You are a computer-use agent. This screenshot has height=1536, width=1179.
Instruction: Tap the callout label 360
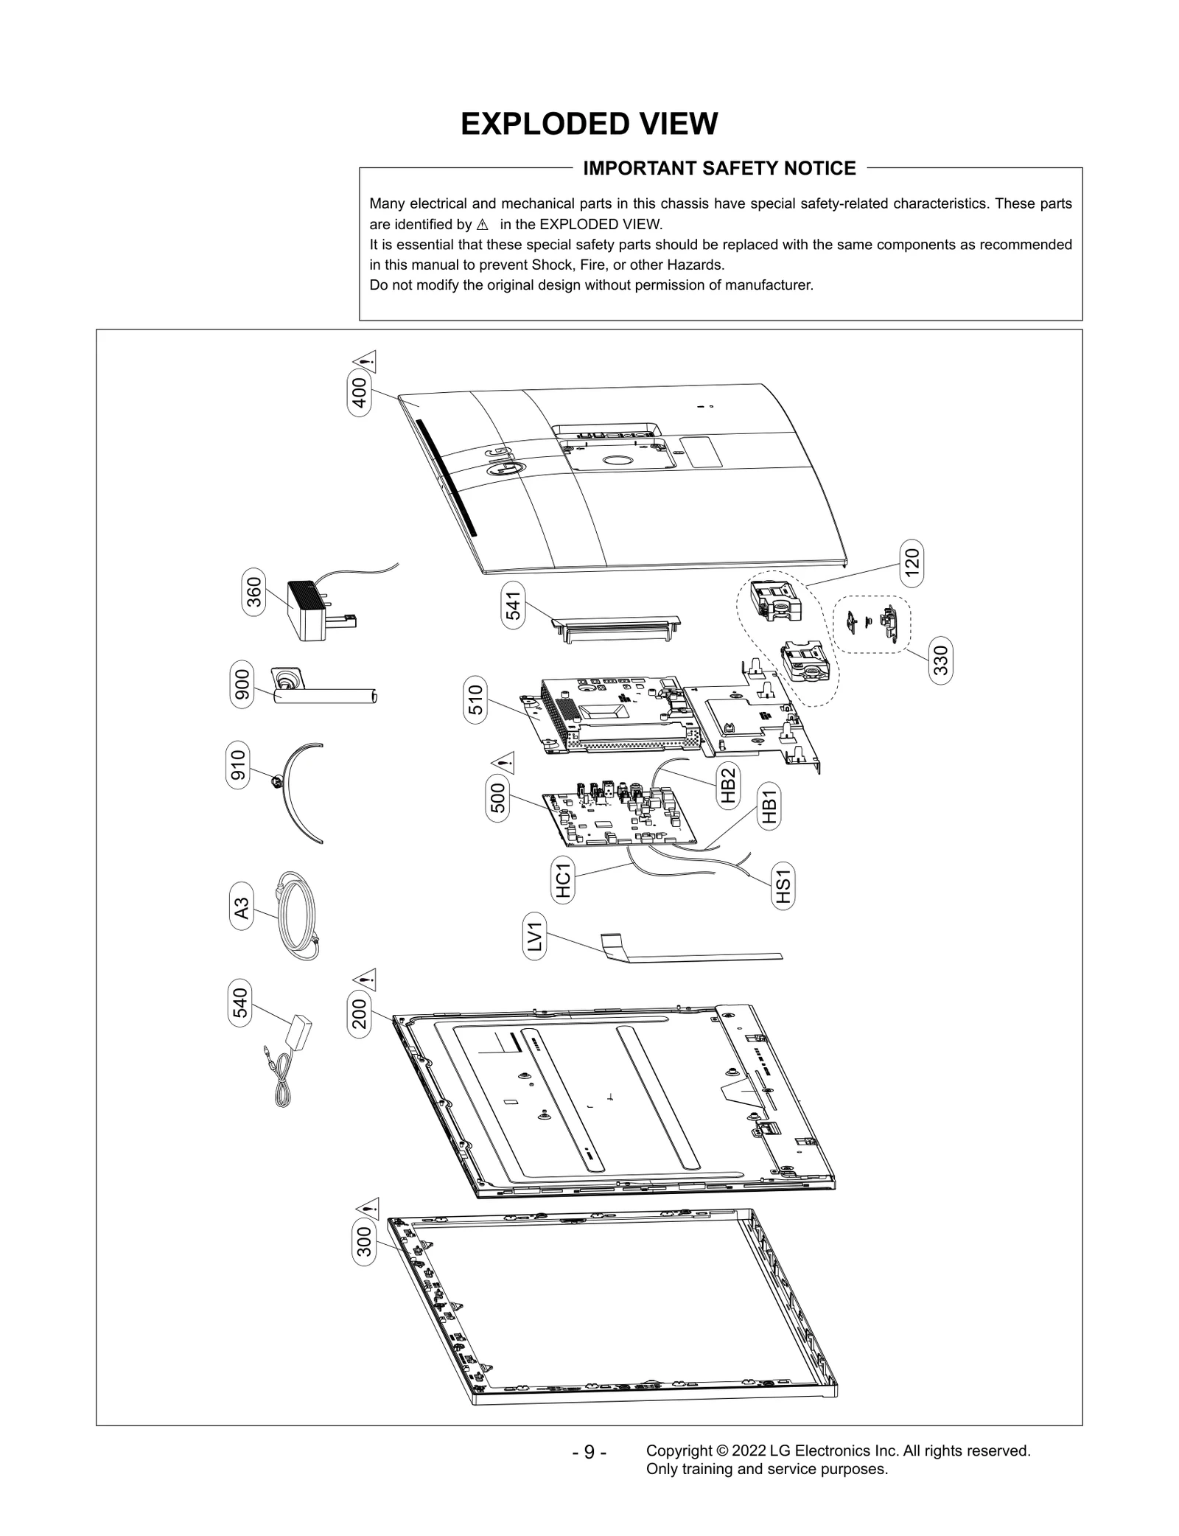click(x=253, y=593)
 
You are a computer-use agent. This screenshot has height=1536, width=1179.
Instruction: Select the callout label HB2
click(x=727, y=786)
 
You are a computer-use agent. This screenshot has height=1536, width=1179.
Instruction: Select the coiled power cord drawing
click(x=297, y=916)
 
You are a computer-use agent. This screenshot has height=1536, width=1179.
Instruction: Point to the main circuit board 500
click(x=619, y=819)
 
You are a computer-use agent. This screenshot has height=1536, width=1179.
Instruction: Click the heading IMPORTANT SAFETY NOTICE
click(x=719, y=169)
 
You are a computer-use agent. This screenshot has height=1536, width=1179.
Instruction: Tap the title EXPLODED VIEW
click(x=589, y=124)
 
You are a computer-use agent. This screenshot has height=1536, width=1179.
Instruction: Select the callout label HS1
click(x=783, y=887)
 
